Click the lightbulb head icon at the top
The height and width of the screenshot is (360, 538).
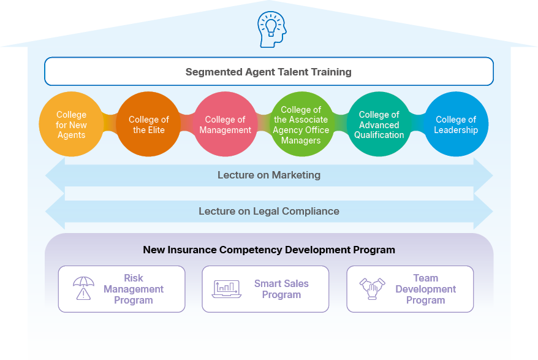[269, 29]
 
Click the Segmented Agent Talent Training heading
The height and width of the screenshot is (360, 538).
[268, 72]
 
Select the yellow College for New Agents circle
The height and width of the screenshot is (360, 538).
[71, 124]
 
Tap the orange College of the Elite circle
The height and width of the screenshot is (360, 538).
[148, 124]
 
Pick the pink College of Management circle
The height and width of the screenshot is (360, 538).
[225, 124]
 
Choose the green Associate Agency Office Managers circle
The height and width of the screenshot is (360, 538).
[301, 124]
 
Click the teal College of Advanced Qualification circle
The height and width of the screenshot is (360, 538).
[379, 124]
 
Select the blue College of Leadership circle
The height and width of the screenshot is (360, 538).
[455, 124]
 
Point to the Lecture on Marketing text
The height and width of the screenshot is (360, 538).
[269, 175]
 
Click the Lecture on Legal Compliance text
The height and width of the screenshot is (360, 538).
[269, 212]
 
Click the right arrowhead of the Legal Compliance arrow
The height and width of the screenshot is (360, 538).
[483, 212]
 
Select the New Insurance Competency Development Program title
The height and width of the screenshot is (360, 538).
[269, 250]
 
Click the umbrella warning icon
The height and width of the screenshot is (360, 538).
[83, 288]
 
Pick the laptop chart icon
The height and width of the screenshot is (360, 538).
[227, 289]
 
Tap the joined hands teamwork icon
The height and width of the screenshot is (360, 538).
[371, 288]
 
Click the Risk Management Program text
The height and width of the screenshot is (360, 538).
[134, 289]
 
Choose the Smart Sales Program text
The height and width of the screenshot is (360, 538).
[281, 289]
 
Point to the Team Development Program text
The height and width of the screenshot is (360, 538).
[425, 289]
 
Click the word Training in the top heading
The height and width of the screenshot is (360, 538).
[332, 72]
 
